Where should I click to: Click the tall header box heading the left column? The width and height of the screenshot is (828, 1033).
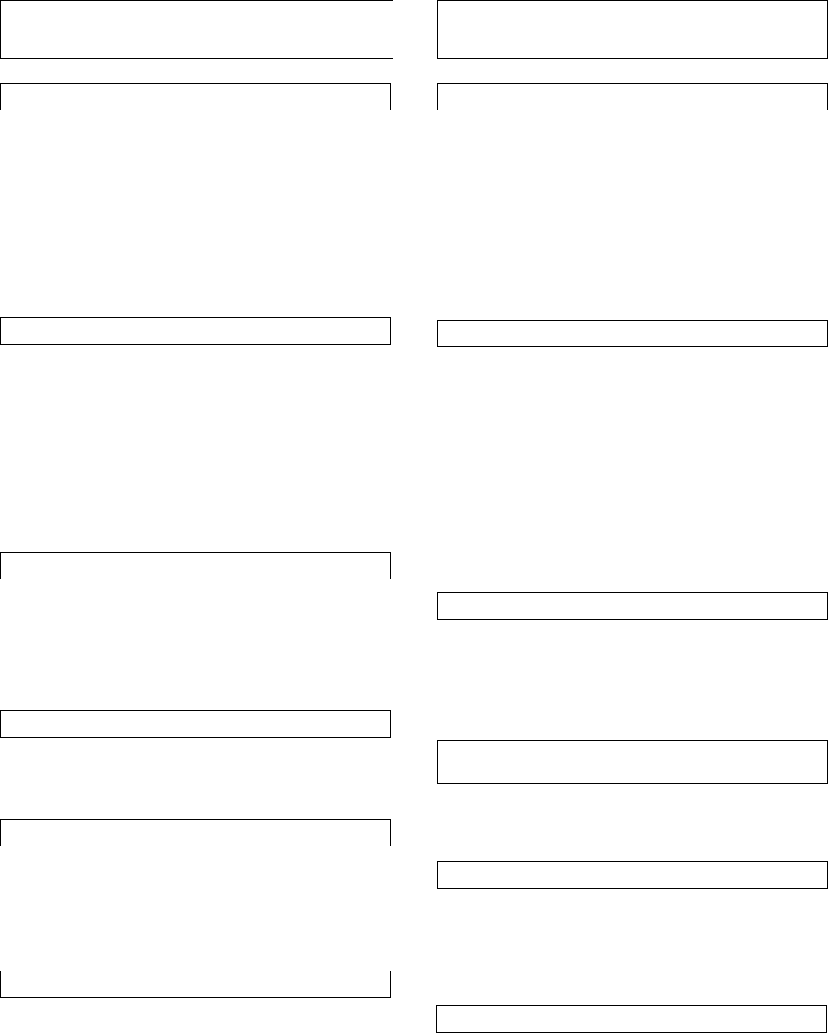point(196,29)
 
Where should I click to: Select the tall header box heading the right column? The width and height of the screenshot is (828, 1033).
point(633,29)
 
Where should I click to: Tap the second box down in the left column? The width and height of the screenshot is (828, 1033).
point(195,96)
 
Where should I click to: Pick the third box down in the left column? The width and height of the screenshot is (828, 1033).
point(195,331)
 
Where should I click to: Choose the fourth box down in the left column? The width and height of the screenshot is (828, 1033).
point(195,566)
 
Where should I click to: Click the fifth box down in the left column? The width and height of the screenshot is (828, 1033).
point(195,724)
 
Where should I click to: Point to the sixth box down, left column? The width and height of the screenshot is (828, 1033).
point(195,833)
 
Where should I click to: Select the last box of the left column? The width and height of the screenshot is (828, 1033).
point(195,984)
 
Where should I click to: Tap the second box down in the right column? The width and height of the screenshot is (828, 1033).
point(633,96)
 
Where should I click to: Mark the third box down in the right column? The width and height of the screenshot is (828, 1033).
point(633,334)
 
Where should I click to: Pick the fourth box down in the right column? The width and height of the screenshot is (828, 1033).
point(633,606)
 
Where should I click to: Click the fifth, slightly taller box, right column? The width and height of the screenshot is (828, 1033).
point(633,762)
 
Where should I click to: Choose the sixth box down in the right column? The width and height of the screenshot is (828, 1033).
point(633,875)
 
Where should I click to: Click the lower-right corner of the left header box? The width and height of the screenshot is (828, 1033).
point(393,58)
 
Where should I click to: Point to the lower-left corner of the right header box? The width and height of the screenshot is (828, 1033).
point(438,58)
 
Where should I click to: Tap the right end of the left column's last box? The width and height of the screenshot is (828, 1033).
point(390,984)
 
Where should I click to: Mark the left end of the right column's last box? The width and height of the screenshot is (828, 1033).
point(438,1019)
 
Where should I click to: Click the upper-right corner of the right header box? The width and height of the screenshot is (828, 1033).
point(827,1)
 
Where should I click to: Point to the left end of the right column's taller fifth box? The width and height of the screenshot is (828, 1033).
point(438,762)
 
